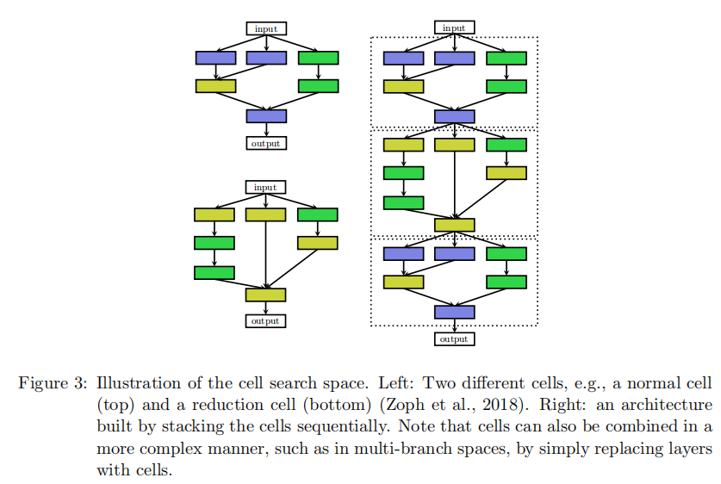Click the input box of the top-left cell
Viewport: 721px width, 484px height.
[x=266, y=28]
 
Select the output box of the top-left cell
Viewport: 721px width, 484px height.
[x=266, y=143]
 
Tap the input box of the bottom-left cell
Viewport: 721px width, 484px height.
[x=265, y=187]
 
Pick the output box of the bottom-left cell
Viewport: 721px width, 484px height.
[x=265, y=321]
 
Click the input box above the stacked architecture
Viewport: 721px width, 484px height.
[x=454, y=28]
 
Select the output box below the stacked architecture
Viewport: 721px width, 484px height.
[x=454, y=339]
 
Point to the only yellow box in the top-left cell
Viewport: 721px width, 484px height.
[x=215, y=86]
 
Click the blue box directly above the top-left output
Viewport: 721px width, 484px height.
[x=266, y=115]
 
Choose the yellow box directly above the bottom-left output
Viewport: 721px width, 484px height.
[x=265, y=295]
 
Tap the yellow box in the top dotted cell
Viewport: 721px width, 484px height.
[x=403, y=86]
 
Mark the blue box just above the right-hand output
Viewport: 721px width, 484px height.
[x=454, y=311]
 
